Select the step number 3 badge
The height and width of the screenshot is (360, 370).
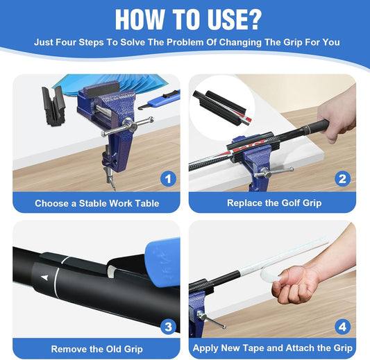[x=167, y=325]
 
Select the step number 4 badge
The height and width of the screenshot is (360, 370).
[x=342, y=325]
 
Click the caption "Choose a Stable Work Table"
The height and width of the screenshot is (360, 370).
[x=96, y=203]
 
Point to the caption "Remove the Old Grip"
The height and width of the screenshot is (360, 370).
[x=96, y=348]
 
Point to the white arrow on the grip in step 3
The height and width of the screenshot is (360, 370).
[x=45, y=277]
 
